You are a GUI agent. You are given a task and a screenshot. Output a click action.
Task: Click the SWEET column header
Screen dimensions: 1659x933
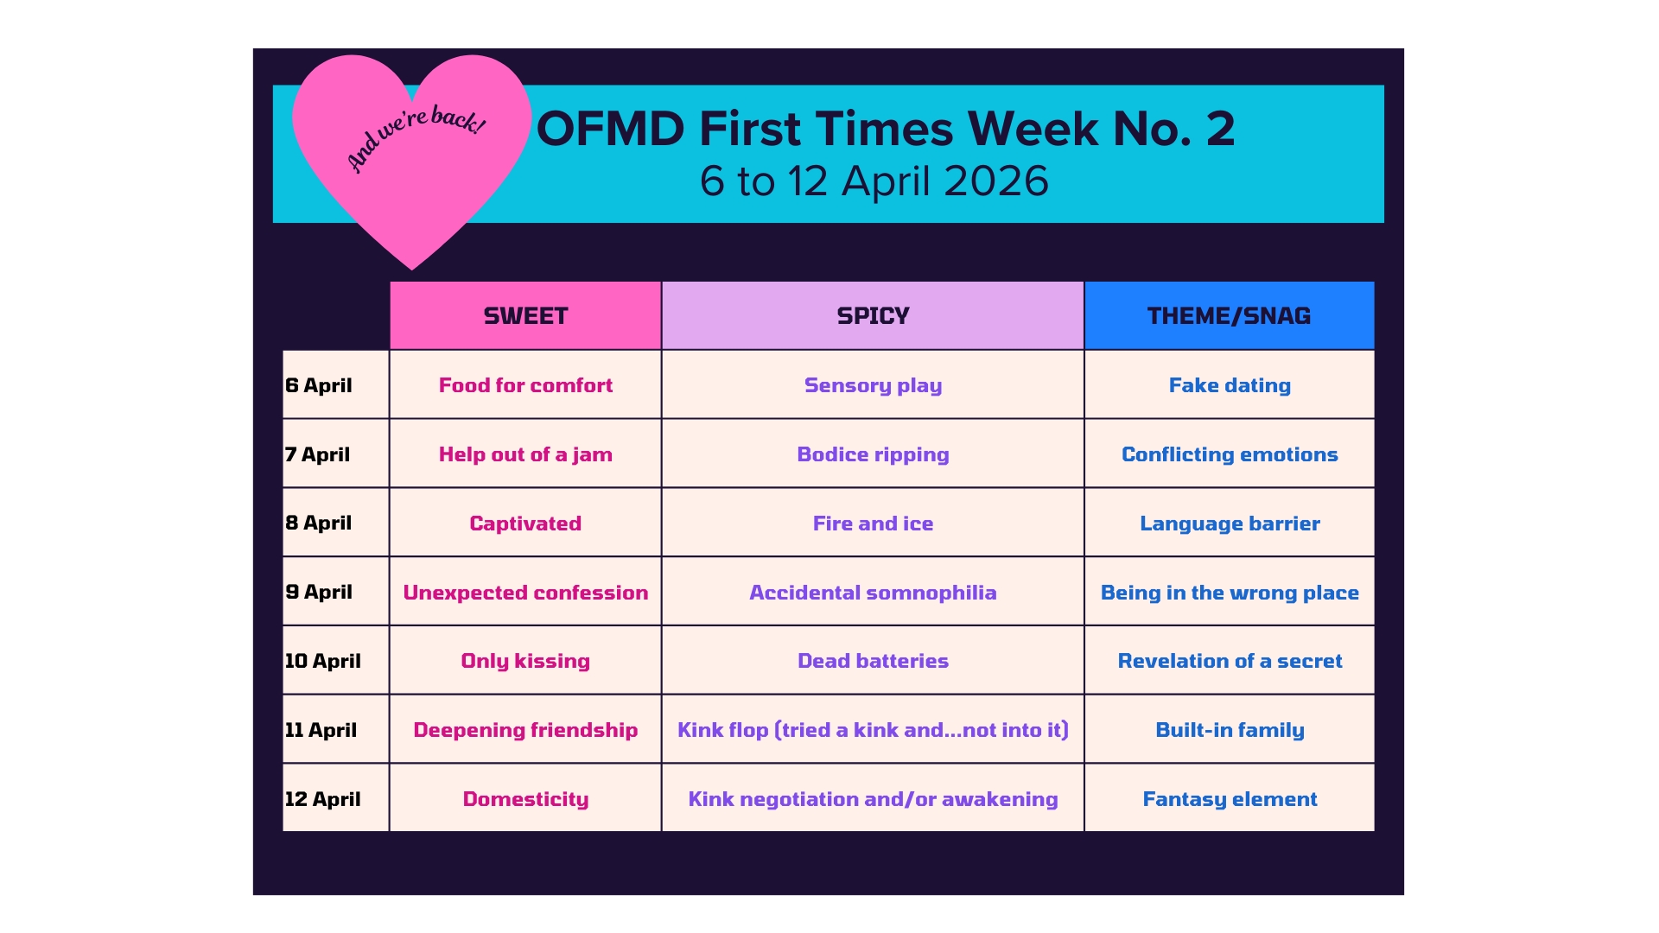pyautogui.click(x=525, y=316)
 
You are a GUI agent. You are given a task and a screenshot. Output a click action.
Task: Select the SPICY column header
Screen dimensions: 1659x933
pyautogui.click(x=873, y=316)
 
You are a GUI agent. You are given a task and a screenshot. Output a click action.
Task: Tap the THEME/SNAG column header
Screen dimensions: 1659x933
pyautogui.click(x=1229, y=316)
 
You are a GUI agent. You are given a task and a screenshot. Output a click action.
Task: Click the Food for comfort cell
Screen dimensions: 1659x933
pyautogui.click(x=525, y=385)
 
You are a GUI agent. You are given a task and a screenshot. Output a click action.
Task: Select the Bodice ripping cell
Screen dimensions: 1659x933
pyautogui.click(x=873, y=454)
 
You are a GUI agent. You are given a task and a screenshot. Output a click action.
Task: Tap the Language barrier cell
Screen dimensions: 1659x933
pyautogui.click(x=1230, y=524)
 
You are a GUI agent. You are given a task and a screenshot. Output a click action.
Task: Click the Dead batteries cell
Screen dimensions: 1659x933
pyautogui.click(x=873, y=661)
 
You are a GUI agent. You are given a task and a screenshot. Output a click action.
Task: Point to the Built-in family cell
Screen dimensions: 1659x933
pyautogui.click(x=1230, y=730)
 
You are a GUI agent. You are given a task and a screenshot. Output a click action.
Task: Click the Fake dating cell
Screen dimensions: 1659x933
pyautogui.click(x=1230, y=385)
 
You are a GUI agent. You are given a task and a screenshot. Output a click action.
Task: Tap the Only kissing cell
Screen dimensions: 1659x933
pyautogui.click(x=525, y=661)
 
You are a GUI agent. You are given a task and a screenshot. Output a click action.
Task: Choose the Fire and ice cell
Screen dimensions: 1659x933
pyautogui.click(x=873, y=524)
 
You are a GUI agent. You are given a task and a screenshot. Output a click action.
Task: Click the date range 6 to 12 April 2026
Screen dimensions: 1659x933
pyautogui.click(x=874, y=181)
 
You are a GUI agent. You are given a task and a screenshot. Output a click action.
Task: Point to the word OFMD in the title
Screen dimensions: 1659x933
pyautogui.click(x=610, y=129)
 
